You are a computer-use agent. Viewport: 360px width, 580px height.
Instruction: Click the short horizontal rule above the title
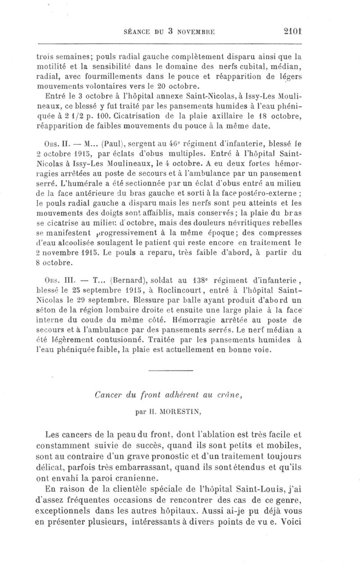[x=170, y=370]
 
